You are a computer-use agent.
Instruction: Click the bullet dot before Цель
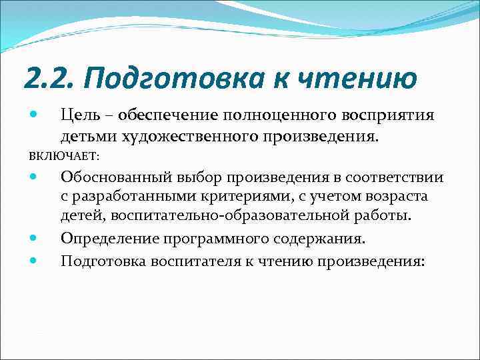click(35, 116)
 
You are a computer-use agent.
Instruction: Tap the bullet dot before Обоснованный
click(35, 178)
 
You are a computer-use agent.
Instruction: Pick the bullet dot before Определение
click(35, 238)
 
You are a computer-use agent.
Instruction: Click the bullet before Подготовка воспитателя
click(35, 261)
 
